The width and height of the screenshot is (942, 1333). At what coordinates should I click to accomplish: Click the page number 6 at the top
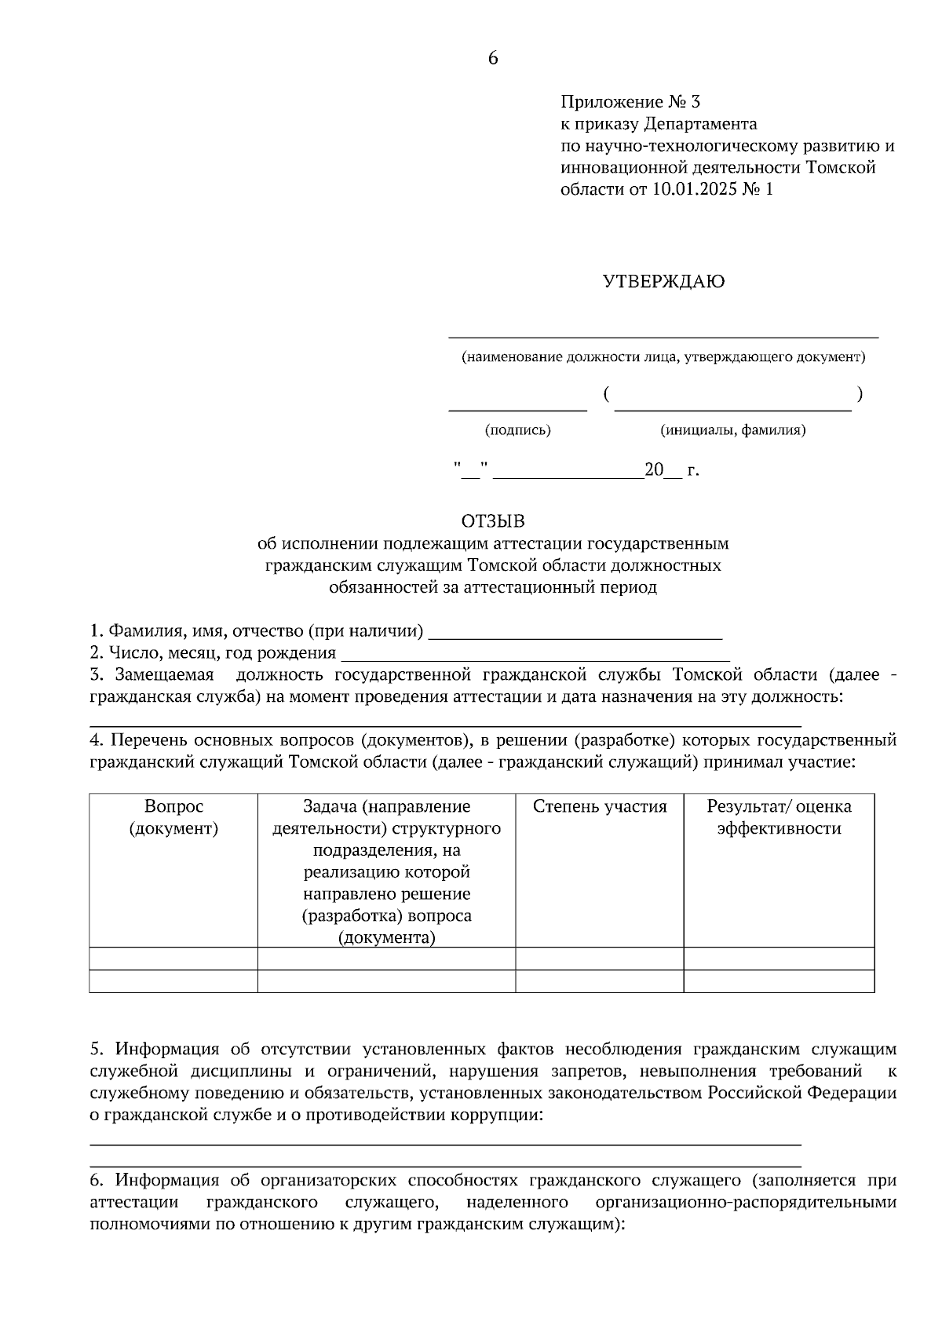493,59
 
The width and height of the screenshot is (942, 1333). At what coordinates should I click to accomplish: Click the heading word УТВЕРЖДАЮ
663,282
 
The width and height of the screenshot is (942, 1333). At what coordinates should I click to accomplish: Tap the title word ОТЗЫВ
492,521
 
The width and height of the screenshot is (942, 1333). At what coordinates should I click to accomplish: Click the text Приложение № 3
630,102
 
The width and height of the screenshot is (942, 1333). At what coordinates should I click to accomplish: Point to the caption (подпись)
517,430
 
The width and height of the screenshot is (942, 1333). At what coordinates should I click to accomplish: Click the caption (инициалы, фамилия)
733,430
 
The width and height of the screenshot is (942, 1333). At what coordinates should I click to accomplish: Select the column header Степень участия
600,806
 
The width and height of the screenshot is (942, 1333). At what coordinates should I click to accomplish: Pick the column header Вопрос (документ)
173,817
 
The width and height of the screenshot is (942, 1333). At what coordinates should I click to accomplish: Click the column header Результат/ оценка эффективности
779,817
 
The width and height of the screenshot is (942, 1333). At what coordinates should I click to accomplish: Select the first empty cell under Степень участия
600,959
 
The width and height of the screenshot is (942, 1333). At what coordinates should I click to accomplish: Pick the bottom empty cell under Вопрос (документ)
173,981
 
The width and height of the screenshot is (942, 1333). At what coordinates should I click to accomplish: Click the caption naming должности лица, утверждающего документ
663,358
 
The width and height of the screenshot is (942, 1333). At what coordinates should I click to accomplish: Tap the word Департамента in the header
700,124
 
